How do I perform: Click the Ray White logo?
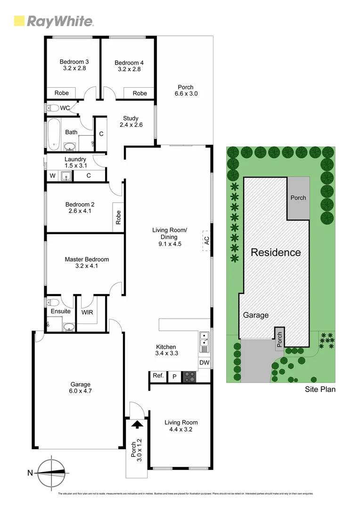53,21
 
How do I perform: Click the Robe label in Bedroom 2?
118,217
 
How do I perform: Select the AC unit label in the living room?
206,240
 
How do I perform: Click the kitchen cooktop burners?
189,376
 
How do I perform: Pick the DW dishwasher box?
204,362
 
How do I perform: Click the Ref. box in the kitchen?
158,376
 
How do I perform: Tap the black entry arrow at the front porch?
137,425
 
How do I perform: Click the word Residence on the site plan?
276,252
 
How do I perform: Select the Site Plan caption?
320,389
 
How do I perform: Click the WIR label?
87,312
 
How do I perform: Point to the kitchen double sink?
204,342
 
